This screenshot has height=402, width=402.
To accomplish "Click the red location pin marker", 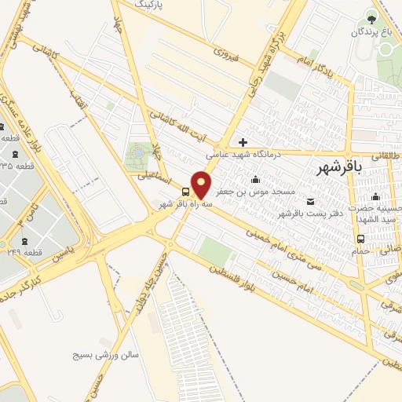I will click(x=202, y=185).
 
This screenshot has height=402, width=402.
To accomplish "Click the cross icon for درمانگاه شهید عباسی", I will click(x=243, y=142).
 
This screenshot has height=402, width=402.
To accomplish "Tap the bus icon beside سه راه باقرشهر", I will click(x=186, y=192).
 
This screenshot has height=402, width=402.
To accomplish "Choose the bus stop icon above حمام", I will click(x=360, y=239).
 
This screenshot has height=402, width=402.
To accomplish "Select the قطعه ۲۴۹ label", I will click(x=31, y=253).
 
